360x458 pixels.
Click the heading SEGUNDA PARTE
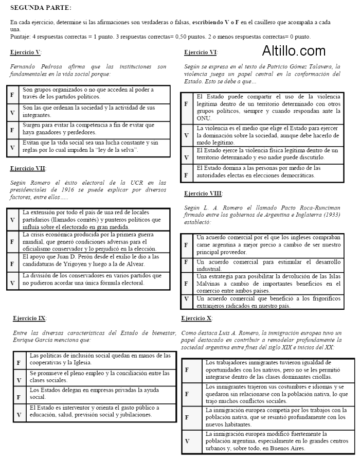coord(41,8)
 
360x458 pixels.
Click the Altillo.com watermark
coord(294,51)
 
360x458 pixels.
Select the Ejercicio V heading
coord(26,52)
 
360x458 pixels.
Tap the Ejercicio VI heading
coord(201,52)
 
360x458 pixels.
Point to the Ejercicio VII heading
coord(28,168)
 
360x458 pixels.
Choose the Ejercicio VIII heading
coord(203,193)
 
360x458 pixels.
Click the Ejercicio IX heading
coord(29,319)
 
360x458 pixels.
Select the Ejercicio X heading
coord(197,319)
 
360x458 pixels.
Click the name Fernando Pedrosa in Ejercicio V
coord(31,67)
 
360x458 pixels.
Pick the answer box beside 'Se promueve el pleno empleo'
coord(19,380)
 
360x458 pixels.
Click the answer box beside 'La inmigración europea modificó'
coord(187,441)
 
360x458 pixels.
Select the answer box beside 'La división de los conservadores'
coord(12,282)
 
